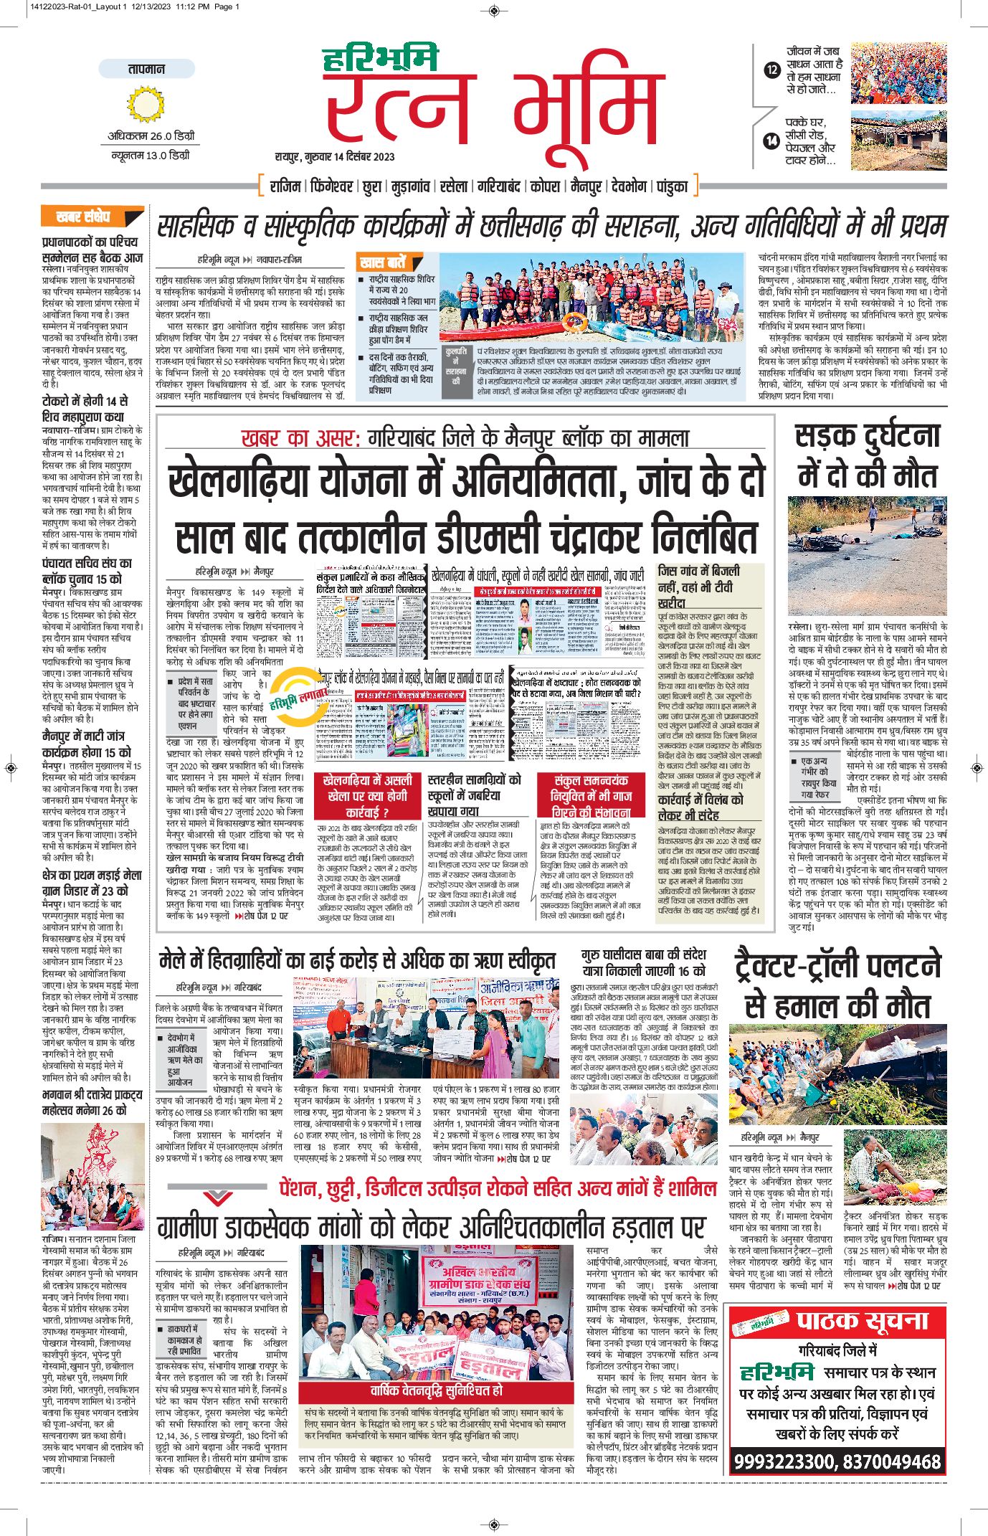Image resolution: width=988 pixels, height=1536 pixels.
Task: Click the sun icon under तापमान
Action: (146, 105)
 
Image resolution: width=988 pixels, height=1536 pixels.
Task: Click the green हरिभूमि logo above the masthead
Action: (379, 58)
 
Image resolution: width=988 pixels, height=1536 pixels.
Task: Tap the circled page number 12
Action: (771, 70)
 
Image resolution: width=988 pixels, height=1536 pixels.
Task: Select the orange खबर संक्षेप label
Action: (85, 217)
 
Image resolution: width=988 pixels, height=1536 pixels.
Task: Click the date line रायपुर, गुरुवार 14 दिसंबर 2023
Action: (335, 156)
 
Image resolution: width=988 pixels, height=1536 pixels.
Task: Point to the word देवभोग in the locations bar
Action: (629, 186)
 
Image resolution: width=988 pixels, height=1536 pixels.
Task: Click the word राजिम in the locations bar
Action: (285, 186)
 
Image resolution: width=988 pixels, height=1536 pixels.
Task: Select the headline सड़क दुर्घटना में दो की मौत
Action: (867, 456)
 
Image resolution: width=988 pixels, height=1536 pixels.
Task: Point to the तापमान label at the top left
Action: (146, 69)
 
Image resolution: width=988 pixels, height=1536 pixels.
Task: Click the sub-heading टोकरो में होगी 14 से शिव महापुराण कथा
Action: (85, 409)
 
